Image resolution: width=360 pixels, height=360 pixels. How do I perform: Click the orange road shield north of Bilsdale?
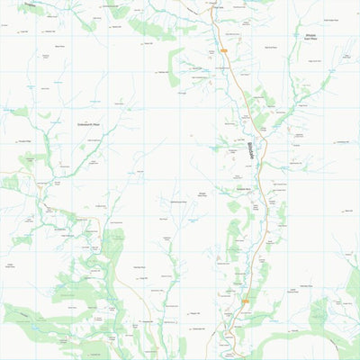pos(222,51)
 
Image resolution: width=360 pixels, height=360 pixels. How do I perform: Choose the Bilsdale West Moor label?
pos(202,195)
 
